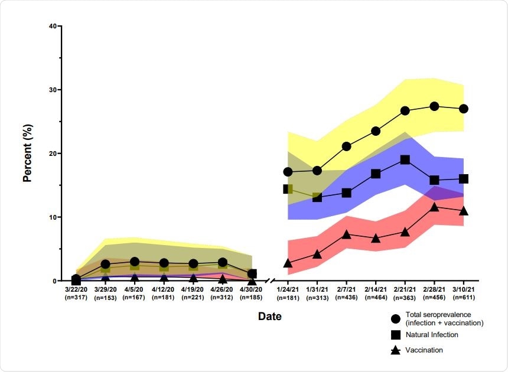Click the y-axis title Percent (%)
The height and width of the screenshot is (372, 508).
click(27, 154)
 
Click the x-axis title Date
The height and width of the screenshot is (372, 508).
click(269, 316)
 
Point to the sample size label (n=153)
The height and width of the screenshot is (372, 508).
click(105, 297)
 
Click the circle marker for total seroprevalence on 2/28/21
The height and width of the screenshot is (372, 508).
click(434, 106)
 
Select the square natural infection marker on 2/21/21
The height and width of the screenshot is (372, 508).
click(405, 159)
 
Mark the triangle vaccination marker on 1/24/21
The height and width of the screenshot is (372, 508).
click(288, 263)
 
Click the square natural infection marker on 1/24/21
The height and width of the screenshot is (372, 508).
click(288, 189)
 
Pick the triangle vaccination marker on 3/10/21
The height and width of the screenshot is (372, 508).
click(464, 211)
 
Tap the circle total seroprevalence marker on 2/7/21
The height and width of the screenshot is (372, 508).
click(346, 146)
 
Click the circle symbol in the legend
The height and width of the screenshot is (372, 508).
click(396, 319)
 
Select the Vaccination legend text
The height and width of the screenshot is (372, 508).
click(424, 350)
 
